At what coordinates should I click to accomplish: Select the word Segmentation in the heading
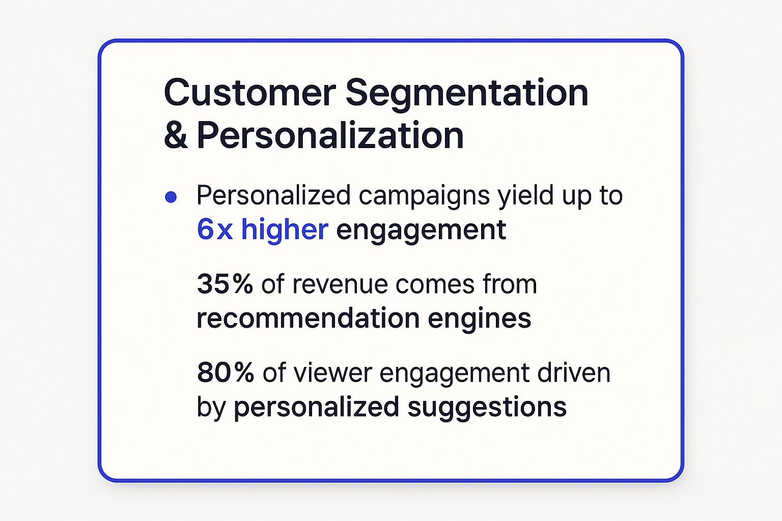pos(467,94)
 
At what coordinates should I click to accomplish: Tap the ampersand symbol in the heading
pos(176,135)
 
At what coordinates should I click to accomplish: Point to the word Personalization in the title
pos(330,135)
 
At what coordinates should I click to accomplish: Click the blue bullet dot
pos(171,197)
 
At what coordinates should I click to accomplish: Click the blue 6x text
pos(214,229)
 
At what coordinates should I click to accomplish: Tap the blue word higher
pos(285,229)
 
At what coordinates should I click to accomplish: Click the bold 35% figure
pos(225,284)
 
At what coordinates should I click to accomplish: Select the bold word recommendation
pos(307,319)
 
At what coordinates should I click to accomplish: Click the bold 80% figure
pos(225,372)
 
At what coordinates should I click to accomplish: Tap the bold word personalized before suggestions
pos(316,408)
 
